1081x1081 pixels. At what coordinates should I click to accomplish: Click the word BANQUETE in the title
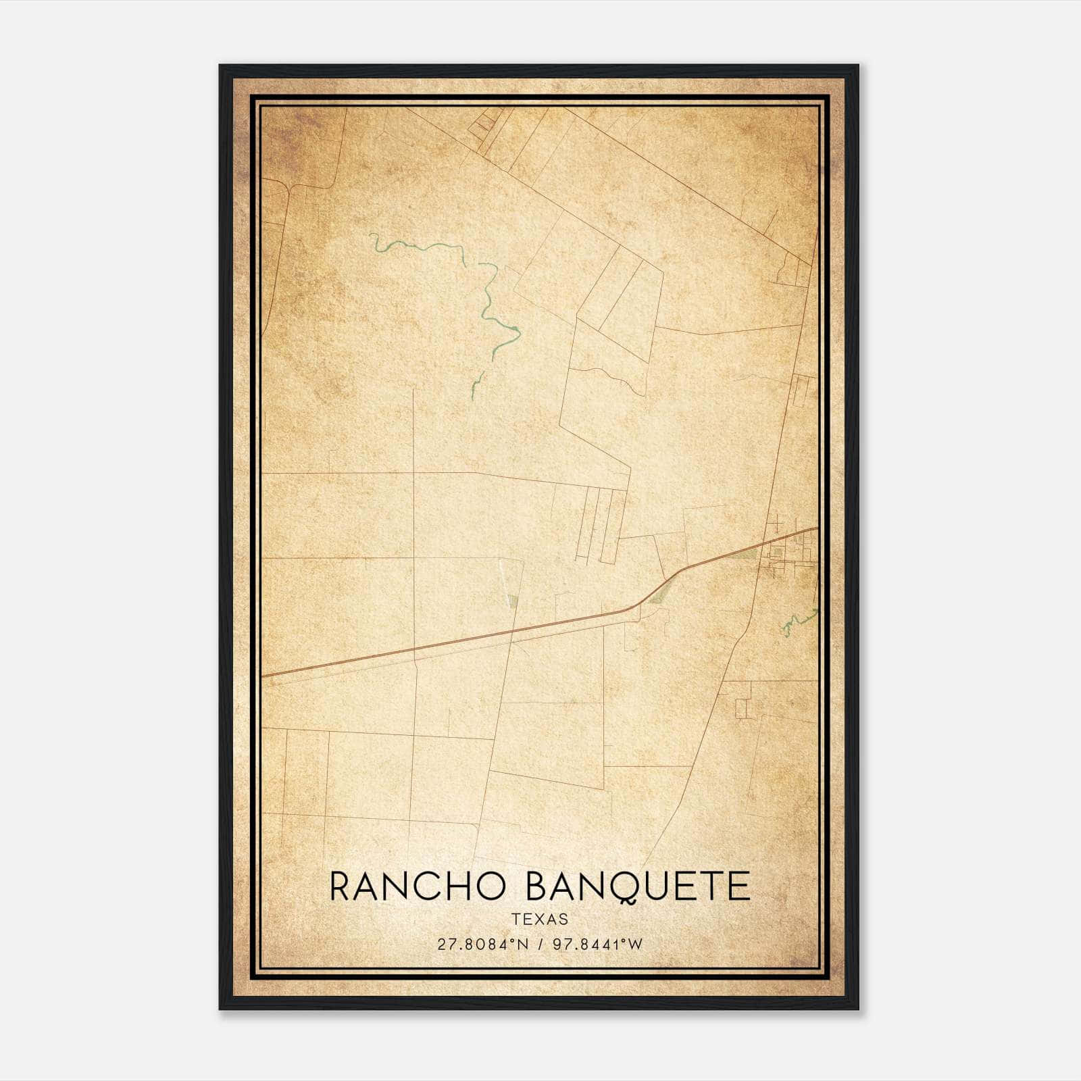(638, 887)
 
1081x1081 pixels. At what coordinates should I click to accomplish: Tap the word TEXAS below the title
(540, 920)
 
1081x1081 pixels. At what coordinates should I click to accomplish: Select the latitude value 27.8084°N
(483, 945)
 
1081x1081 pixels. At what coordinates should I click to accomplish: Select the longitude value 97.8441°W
(598, 945)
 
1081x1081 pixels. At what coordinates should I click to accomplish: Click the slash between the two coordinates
(540, 945)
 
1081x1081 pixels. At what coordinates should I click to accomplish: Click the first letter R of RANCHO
(342, 887)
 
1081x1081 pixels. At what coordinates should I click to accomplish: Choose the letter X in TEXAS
(540, 920)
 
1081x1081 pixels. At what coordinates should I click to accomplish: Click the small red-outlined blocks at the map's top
(484, 124)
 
